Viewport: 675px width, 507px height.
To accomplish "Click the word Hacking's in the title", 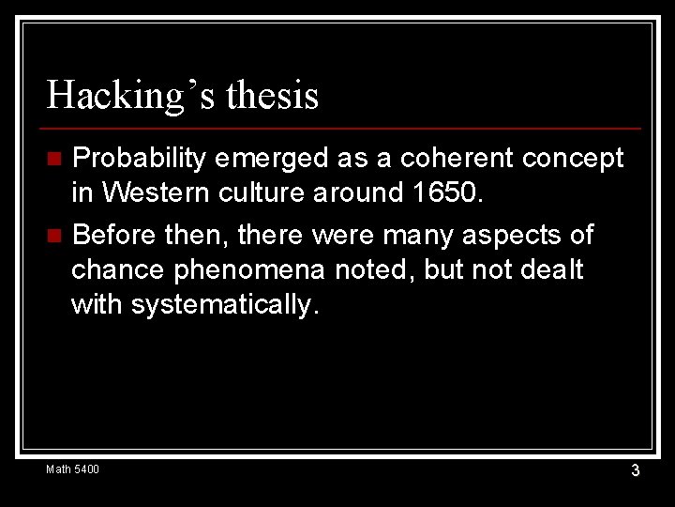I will pyautogui.click(x=121, y=96).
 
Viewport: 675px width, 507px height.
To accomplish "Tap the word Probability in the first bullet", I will pyautogui.click(x=139, y=159).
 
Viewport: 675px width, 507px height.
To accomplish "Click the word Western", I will pyautogui.click(x=155, y=193).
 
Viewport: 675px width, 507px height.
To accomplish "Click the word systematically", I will pyautogui.click(x=226, y=305).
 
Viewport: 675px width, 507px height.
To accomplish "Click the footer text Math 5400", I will pyautogui.click(x=72, y=469).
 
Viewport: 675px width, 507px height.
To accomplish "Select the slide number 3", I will pyautogui.click(x=635, y=469).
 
